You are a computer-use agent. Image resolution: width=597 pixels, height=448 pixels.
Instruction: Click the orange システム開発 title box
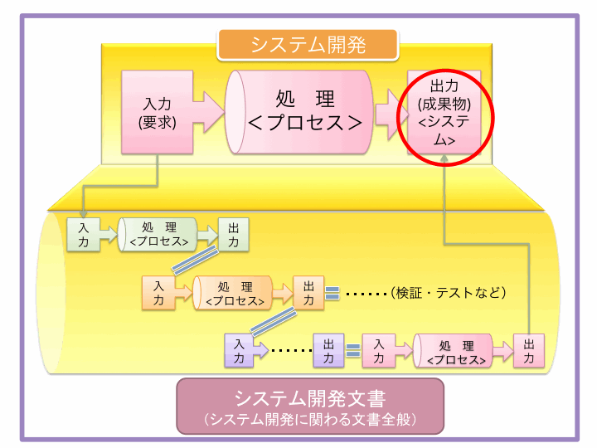[x=308, y=44]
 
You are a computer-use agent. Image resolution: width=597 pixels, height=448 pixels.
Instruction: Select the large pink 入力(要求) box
[x=157, y=113]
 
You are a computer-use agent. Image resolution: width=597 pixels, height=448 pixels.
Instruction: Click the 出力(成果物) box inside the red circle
[x=444, y=113]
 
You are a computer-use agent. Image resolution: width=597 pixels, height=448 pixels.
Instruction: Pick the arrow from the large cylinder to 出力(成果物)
[x=386, y=112]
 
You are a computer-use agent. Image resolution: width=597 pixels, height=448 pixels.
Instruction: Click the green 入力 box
[x=83, y=235]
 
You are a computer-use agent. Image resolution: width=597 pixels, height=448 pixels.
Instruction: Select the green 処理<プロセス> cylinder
[x=158, y=235]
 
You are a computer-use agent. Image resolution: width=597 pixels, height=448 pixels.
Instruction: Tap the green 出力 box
[x=233, y=235]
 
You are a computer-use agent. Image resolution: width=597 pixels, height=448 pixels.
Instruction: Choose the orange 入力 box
[x=158, y=293]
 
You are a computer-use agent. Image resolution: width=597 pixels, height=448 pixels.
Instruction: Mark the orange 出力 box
[x=308, y=293]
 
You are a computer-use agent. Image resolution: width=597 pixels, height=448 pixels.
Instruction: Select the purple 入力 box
[x=240, y=350]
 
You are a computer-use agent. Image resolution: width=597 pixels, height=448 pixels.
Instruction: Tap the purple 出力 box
[x=328, y=350]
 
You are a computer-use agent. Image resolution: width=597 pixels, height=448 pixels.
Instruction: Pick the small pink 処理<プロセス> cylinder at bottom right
[x=454, y=350]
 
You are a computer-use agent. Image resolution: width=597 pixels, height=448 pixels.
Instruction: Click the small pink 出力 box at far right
[x=529, y=350]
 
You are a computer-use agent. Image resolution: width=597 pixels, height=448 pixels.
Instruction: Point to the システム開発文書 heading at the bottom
[x=309, y=397]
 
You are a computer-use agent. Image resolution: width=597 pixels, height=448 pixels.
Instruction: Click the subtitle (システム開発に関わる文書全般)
[x=309, y=419]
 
